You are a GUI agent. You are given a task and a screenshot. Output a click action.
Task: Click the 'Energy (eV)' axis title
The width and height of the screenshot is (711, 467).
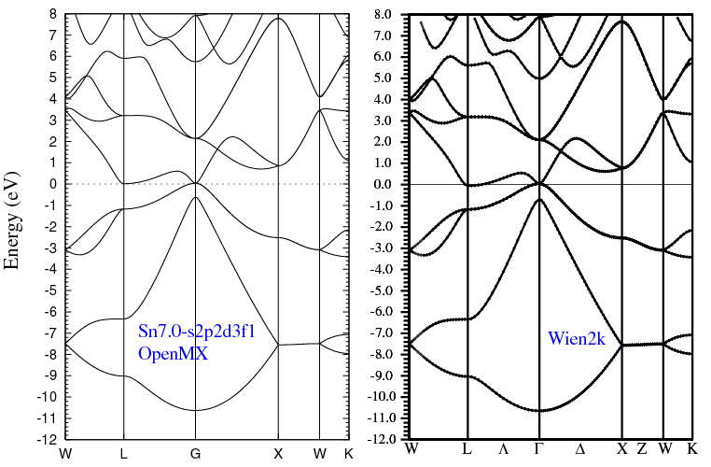(x=13, y=220)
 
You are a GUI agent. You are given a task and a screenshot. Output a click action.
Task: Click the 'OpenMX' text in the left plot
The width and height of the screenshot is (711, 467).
(x=173, y=354)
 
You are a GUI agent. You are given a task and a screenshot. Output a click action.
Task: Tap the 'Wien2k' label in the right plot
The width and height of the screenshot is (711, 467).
(x=577, y=340)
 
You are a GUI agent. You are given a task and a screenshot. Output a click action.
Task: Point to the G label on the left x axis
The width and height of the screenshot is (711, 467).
(x=195, y=454)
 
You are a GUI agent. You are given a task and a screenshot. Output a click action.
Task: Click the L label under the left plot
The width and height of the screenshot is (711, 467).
(x=124, y=454)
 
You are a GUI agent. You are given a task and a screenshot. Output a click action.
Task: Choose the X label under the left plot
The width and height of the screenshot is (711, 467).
(x=278, y=454)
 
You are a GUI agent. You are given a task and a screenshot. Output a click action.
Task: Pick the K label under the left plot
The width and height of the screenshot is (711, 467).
(x=348, y=454)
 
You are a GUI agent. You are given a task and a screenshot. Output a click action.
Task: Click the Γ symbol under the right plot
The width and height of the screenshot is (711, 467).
(x=538, y=449)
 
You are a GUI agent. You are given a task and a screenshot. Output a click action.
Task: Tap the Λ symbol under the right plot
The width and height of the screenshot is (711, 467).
(x=504, y=449)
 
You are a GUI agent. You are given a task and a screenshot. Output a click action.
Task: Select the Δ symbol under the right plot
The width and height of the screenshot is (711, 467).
(x=580, y=449)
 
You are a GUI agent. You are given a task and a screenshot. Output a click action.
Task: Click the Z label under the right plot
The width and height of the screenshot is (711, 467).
(x=642, y=449)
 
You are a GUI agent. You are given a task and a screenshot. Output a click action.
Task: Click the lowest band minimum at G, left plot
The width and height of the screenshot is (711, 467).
(x=195, y=410)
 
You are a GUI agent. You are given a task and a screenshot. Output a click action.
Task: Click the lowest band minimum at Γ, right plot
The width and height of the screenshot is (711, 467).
(x=539, y=410)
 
